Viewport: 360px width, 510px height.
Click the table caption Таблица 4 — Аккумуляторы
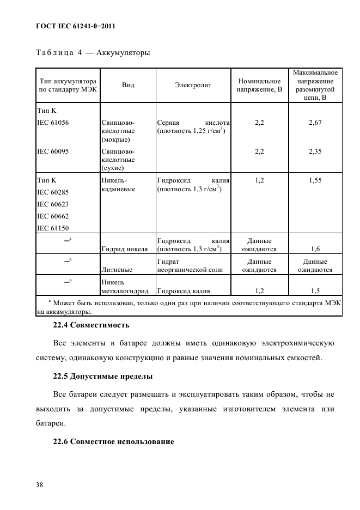(x=93, y=53)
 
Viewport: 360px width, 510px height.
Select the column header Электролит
(x=193, y=85)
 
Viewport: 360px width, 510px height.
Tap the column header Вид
(x=128, y=85)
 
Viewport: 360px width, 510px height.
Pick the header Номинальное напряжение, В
(x=259, y=85)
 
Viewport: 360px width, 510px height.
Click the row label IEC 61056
(x=53, y=123)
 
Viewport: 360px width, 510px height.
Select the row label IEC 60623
(x=53, y=204)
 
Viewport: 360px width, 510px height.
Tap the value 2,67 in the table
(x=315, y=123)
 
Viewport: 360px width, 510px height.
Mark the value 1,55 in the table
(x=315, y=179)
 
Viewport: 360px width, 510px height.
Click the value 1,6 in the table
(x=315, y=249)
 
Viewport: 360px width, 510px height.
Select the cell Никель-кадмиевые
(x=118, y=184)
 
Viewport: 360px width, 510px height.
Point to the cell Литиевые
(x=116, y=269)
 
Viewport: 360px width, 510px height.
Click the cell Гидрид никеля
(x=124, y=249)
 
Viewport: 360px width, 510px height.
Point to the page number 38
(x=41, y=484)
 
